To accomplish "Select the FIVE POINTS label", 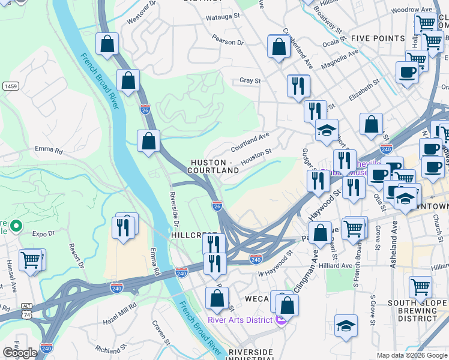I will [x=378, y=38].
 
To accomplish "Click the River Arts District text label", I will [x=240, y=320].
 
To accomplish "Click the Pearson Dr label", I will [x=228, y=43].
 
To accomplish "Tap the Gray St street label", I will [x=250, y=80].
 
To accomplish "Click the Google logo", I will [x=20, y=353].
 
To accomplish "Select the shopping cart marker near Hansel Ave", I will [x=31, y=260].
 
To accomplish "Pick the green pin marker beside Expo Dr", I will [x=16, y=227].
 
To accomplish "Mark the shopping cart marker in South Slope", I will [x=420, y=287].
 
